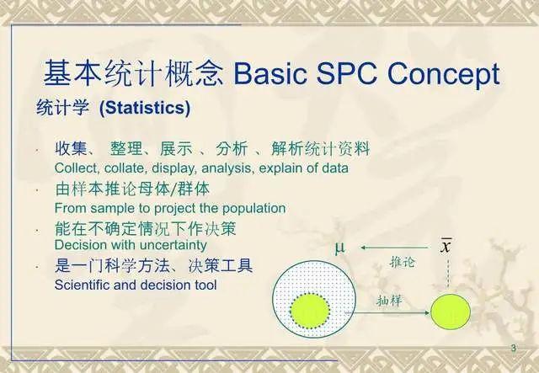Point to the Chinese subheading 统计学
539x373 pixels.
pos(64,109)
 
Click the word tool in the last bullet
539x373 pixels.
pos(205,285)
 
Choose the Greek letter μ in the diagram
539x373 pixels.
pos(339,248)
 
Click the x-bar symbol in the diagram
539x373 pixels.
pos(446,246)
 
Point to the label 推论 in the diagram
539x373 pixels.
pos(402,263)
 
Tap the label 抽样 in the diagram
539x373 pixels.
pos(389,300)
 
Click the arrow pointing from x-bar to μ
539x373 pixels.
pos(389,248)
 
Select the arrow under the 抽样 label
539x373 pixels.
pos(389,313)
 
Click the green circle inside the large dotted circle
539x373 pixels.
pos(312,311)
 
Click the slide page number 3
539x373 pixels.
pos(514,349)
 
